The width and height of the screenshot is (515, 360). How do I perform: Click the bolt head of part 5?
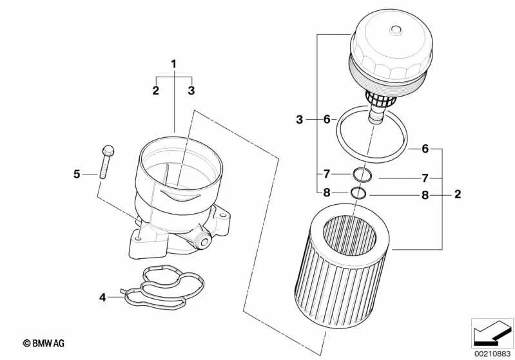tap(108, 151)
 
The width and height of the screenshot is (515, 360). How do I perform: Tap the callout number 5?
tap(77, 175)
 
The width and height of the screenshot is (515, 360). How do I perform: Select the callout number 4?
tap(102, 298)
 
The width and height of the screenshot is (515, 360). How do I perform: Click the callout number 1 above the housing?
tap(174, 64)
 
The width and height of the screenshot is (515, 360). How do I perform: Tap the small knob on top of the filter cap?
tap(396, 30)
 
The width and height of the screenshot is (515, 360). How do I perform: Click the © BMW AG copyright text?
tap(44, 343)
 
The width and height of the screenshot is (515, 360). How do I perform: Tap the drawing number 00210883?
tap(492, 354)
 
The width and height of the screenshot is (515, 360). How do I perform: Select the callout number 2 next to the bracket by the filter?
tap(458, 194)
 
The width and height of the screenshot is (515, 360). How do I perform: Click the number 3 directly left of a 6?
tap(299, 119)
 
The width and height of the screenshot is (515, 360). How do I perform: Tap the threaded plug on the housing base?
tap(202, 242)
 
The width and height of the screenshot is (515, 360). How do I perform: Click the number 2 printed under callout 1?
tap(156, 90)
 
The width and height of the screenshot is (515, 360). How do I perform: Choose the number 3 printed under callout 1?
tap(191, 90)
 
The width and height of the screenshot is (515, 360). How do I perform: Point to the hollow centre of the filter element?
tap(349, 235)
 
